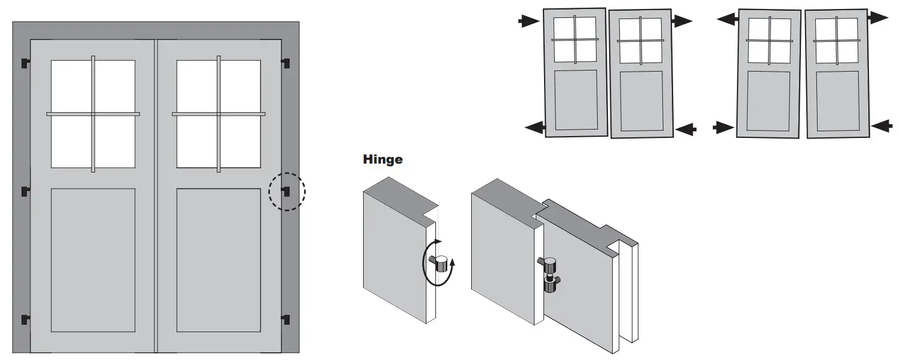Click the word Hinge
pyautogui.click(x=382, y=159)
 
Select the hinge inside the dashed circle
pyautogui.click(x=285, y=192)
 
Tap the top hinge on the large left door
pyautogui.click(x=25, y=63)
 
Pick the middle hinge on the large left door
pyautogui.click(x=25, y=192)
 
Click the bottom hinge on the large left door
pyautogui.click(x=25, y=319)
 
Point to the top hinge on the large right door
pyautogui.click(x=285, y=63)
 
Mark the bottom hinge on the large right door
pyautogui.click(x=285, y=319)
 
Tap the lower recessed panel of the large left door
pyautogui.click(x=93, y=260)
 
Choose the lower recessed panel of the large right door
pyautogui.click(x=219, y=260)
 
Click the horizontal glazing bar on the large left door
pyautogui.click(x=93, y=113)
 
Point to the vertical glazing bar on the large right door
pyautogui.click(x=219, y=113)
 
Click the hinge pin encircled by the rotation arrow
pyautogui.click(x=441, y=263)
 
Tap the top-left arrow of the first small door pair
pyautogui.click(x=528, y=21)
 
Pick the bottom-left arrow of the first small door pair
pyautogui.click(x=535, y=126)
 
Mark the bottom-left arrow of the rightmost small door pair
pyautogui.click(x=723, y=127)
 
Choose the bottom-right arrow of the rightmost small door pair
pyautogui.click(x=881, y=125)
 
